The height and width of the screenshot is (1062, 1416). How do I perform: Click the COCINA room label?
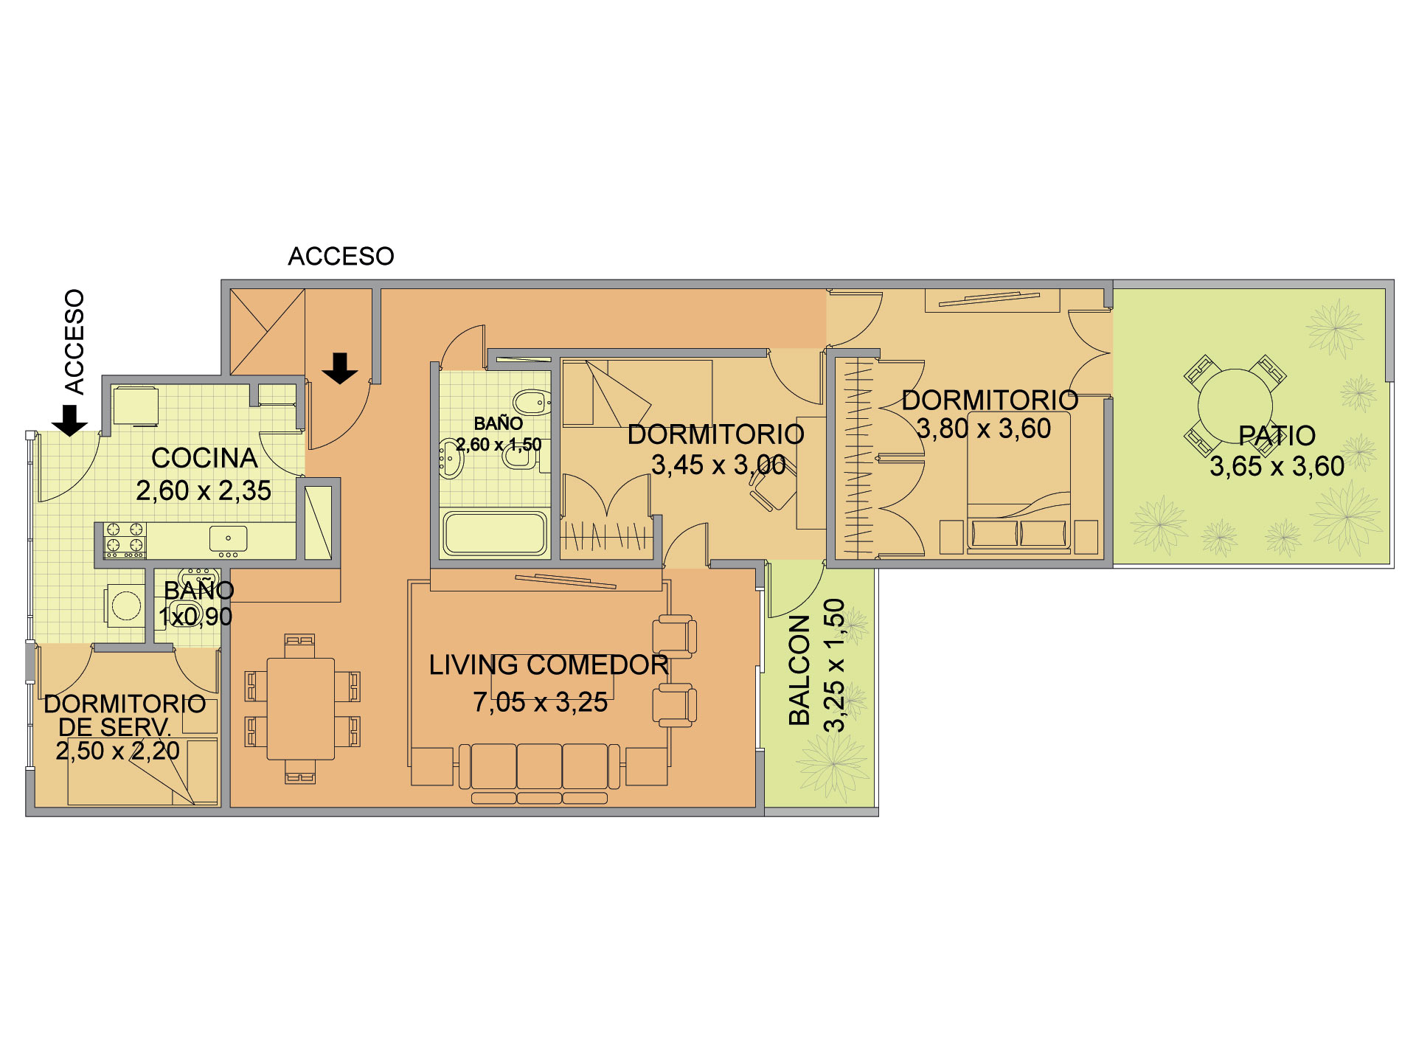point(204,458)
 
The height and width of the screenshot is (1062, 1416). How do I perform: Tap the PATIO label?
point(1277,436)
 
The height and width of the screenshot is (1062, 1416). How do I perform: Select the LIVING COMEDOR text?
point(549,665)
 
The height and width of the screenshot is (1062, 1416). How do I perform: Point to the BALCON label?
point(799,670)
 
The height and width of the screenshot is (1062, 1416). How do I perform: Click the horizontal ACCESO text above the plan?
point(341,256)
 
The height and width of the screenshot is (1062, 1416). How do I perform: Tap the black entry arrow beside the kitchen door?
point(70,420)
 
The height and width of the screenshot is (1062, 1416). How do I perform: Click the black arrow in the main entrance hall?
point(340,368)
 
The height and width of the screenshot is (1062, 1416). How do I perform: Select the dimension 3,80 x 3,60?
point(984,428)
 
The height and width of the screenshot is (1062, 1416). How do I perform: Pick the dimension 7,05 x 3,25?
point(541,702)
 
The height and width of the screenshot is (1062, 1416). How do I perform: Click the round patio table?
point(1235,406)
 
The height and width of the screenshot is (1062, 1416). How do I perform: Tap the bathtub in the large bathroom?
point(495,533)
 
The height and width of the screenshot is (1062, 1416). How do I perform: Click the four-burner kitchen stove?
point(124,540)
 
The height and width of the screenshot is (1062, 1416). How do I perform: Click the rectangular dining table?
point(301,709)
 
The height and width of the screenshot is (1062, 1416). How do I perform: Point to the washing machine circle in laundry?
point(126,606)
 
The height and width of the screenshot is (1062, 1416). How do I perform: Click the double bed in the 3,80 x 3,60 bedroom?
point(1018,483)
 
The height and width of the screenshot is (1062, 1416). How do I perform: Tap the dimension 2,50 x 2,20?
point(118,751)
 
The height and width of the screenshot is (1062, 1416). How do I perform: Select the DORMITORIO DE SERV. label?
point(125,715)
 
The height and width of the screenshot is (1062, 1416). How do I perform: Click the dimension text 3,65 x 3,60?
point(1277,466)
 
